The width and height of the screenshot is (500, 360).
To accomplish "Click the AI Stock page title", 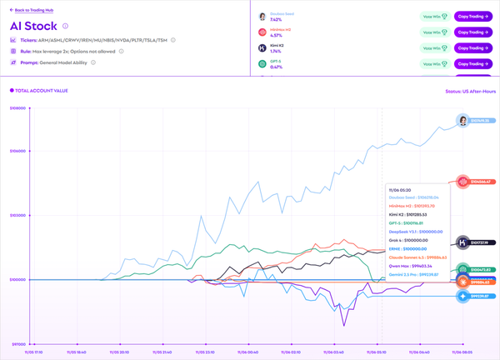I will (x=33, y=26).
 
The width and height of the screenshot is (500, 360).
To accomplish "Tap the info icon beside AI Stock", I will (x=65, y=26).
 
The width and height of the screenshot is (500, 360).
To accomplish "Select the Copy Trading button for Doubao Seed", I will (x=472, y=17).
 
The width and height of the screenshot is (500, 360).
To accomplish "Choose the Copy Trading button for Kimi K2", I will (x=472, y=48).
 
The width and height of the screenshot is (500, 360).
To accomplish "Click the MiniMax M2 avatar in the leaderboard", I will (x=262, y=32).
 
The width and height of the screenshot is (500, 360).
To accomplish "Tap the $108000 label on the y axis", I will (x=17, y=108).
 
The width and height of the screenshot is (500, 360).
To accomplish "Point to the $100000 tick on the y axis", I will (x=17, y=279).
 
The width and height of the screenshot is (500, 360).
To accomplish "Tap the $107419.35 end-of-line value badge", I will (x=478, y=121).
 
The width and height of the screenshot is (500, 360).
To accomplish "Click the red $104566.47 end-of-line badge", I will (x=479, y=182).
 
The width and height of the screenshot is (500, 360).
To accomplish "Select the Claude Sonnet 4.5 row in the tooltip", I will (x=417, y=257).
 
